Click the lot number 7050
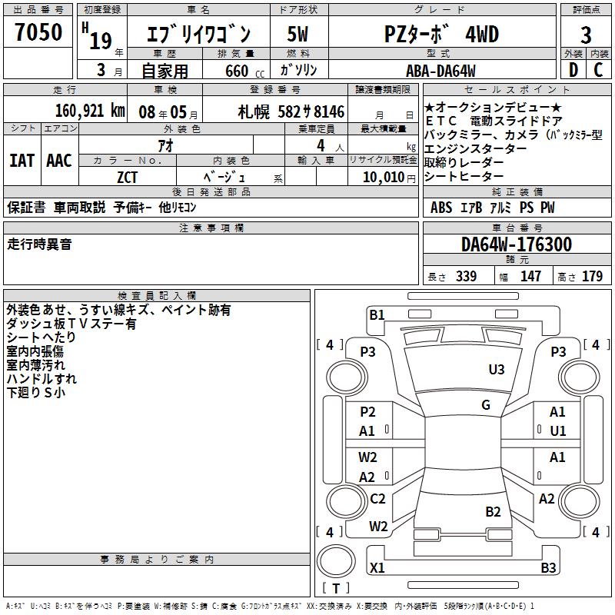tap(38, 33)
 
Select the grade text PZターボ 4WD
tap(441, 34)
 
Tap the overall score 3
tap(586, 35)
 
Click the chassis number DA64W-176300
tap(517, 245)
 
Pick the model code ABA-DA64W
tap(440, 71)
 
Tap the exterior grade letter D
tap(573, 71)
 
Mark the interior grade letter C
tap(598, 71)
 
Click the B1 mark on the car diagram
tap(377, 314)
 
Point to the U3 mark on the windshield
tap(497, 370)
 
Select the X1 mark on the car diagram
tap(377, 568)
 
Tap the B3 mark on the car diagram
tap(548, 568)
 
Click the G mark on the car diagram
tap(485, 405)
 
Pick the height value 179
tap(592, 277)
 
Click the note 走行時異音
tap(40, 244)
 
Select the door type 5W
tap(298, 34)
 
